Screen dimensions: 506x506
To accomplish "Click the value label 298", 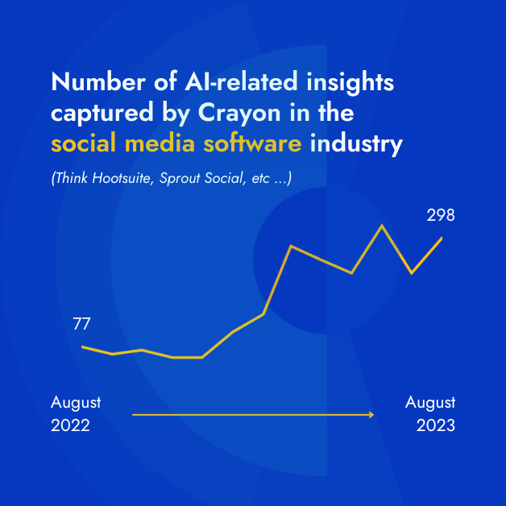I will coord(441,215).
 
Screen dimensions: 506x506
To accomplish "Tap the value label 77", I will coord(81,325).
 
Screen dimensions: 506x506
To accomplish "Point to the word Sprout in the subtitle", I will coord(186,177).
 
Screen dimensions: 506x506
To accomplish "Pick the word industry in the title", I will coord(356,145).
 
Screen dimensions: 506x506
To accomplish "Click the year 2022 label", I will coord(70,425).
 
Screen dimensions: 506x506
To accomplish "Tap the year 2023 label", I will coord(435,425).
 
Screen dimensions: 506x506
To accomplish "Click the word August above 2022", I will coord(76,402).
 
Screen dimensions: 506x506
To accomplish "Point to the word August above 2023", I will coord(430,402).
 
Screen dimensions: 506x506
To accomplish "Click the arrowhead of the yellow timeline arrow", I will coord(371,415).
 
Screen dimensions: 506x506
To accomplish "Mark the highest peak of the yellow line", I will coord(381,226).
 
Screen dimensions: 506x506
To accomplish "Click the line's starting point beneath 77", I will coord(83,346).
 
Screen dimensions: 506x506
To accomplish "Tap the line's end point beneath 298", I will coord(442,238).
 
